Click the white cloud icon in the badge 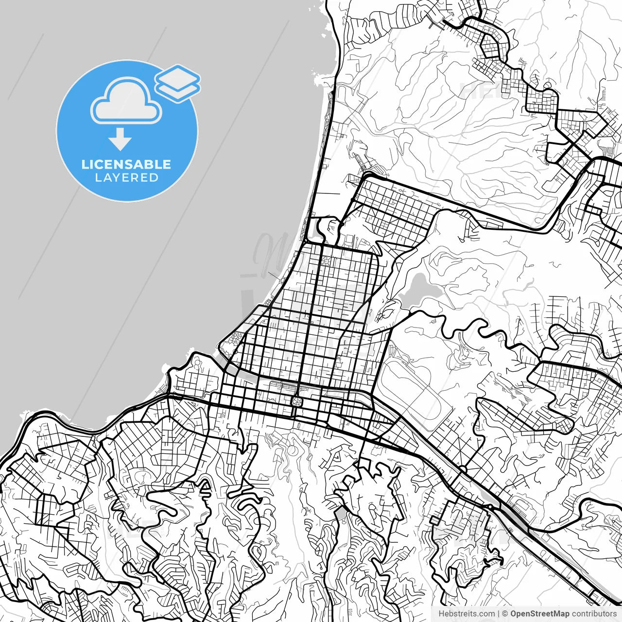coord(126,102)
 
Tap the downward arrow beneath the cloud coord(120,139)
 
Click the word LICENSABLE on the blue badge coord(126,164)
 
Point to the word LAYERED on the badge coord(126,178)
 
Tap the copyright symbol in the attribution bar coord(505,614)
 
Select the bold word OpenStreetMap coord(539,614)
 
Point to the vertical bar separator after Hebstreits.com coord(499,614)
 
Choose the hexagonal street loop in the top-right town coord(494,43)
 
